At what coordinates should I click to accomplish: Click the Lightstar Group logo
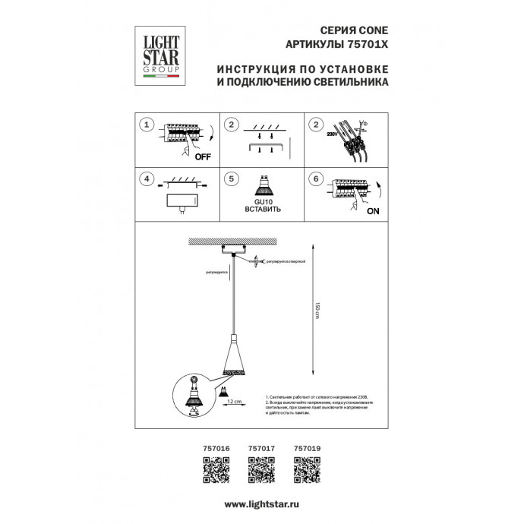(156, 51)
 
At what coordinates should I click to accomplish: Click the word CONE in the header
(372, 30)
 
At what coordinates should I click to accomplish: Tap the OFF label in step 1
(201, 158)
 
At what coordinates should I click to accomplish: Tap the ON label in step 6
(372, 212)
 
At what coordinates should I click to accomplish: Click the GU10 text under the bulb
(263, 201)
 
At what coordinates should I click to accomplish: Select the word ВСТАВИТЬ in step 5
(263, 209)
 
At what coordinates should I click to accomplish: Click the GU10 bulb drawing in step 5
(263, 185)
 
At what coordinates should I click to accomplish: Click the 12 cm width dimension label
(235, 399)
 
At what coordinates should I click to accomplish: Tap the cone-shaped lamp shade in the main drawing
(235, 357)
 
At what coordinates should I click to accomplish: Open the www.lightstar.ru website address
(262, 504)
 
